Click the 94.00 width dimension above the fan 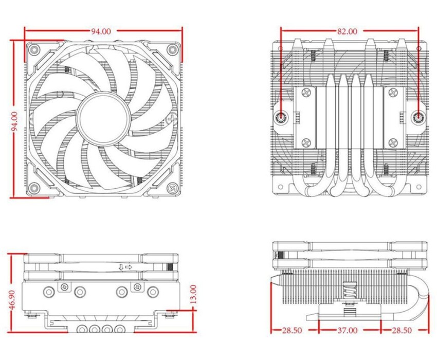[101, 31]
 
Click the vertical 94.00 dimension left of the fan [15, 120]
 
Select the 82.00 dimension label [347, 31]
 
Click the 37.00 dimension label [348, 329]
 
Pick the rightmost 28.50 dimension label [403, 329]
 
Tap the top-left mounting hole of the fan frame [34, 50]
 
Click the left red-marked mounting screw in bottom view [281, 117]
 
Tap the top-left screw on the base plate [306, 93]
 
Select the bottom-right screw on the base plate [393, 142]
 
